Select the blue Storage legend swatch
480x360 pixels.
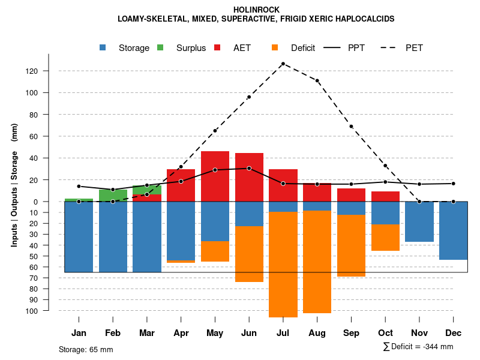(x=104, y=47)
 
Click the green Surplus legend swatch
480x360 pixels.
(x=160, y=47)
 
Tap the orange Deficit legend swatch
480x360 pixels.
(x=275, y=47)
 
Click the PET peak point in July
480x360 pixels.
(x=283, y=64)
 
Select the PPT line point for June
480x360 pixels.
(x=249, y=169)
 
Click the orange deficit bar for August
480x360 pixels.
(x=317, y=262)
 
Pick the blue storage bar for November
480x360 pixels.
(x=419, y=221)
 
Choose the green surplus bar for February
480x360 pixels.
(x=113, y=195)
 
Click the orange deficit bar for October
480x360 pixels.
(x=385, y=238)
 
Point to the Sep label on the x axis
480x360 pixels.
(x=351, y=333)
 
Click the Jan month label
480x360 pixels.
(x=79, y=333)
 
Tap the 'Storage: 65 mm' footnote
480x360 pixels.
(x=86, y=349)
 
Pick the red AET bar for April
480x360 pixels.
(x=181, y=185)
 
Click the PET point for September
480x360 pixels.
(x=351, y=127)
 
